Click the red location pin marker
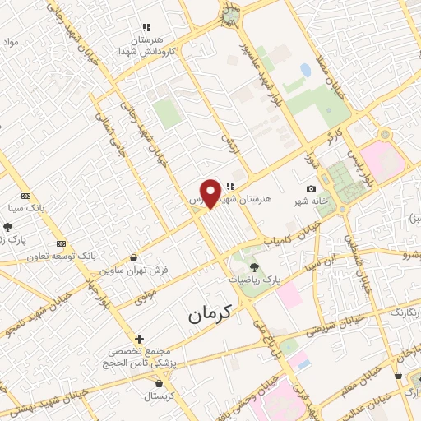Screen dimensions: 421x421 point(211,192)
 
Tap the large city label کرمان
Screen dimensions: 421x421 point(210,313)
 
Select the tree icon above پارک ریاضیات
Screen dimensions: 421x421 point(253,266)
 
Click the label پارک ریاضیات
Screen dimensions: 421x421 point(255,280)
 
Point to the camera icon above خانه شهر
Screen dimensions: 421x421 point(311,189)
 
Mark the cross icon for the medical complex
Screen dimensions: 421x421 point(140,338)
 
